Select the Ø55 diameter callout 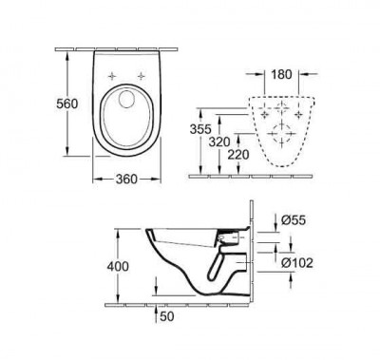297,221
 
